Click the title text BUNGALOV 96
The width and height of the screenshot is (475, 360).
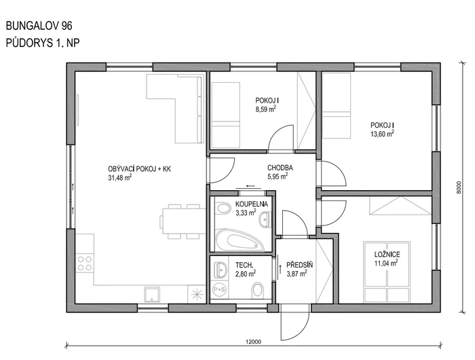(39, 26)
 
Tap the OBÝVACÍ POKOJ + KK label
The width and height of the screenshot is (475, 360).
(139, 168)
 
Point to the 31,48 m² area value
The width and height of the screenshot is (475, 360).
(119, 178)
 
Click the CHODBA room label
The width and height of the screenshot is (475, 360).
(280, 167)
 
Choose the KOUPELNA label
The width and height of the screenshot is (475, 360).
(252, 204)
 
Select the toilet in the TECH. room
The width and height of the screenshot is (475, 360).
(259, 291)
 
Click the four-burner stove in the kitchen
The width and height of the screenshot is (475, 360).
(85, 262)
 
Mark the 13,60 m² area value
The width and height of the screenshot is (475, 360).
(382, 134)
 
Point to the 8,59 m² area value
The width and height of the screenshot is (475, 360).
(265, 109)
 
